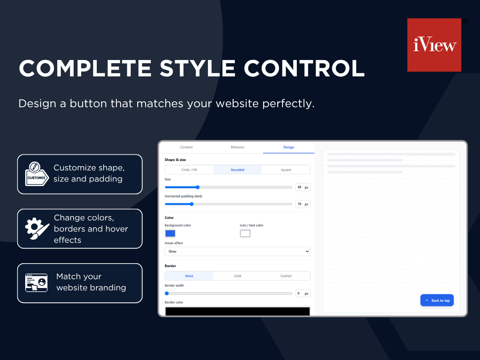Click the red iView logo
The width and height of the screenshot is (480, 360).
coord(434,45)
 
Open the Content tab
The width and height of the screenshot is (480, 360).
coord(186,147)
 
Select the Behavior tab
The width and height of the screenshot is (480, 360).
coord(238,147)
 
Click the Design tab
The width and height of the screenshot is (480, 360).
coord(289,147)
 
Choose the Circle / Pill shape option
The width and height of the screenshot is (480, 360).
coord(189,170)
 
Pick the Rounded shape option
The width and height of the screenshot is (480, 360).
coord(238,170)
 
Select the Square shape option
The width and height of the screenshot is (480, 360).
coord(286,170)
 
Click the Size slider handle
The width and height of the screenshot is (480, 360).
coord(198,187)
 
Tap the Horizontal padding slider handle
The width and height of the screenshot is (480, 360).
coord(192,204)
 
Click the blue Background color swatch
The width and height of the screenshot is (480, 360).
coord(170,234)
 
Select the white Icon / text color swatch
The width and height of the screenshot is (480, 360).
coord(245,234)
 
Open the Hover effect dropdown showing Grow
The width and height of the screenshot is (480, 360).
coord(238,251)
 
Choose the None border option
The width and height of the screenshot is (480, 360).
coord(189,276)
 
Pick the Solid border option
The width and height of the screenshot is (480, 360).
coord(238,276)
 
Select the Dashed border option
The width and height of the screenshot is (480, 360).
coord(286,276)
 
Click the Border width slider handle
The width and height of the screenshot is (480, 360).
coord(167,293)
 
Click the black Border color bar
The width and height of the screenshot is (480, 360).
coord(238,311)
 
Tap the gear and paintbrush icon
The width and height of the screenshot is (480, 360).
coord(37,228)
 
